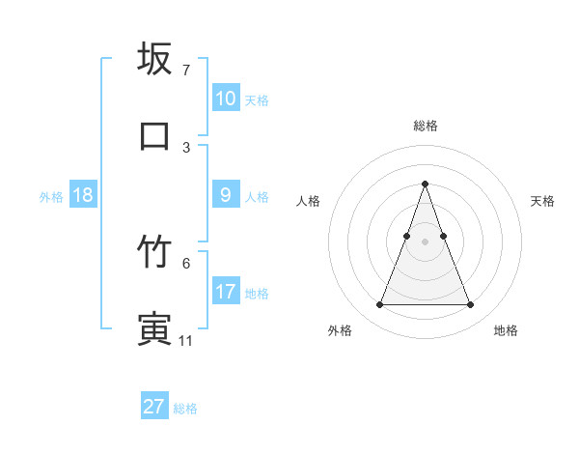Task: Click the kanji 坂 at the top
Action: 154,59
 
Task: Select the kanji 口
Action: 154,135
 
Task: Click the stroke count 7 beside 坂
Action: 185,71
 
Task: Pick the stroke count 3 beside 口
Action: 185,147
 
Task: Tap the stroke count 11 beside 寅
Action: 186,340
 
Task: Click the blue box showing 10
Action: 225,99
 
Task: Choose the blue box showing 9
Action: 225,195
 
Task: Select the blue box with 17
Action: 225,292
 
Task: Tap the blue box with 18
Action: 83,195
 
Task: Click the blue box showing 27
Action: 153,407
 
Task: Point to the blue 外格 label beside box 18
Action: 51,196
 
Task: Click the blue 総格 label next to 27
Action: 185,409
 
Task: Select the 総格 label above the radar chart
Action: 425,126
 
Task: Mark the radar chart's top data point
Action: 425,184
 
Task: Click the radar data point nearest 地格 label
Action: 470,305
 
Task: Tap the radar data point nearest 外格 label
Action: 379,305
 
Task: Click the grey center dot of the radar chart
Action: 425,241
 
